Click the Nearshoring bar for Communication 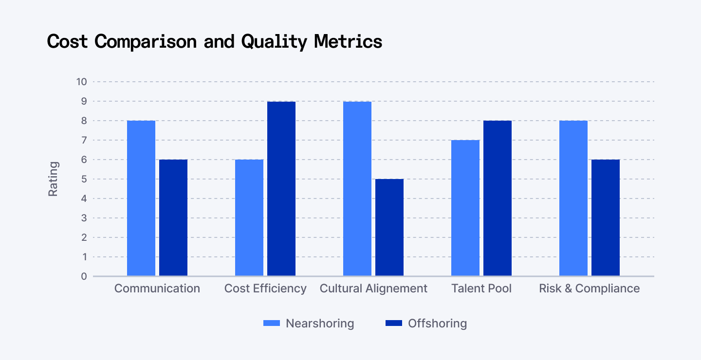(x=141, y=198)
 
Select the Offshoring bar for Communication (x=173, y=218)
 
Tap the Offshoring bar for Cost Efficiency (x=281, y=189)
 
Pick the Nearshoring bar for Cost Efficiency (x=249, y=218)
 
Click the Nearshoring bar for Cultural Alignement (x=357, y=189)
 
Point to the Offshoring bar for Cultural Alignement (x=389, y=228)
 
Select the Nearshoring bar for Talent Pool (x=465, y=208)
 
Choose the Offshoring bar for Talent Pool (x=498, y=198)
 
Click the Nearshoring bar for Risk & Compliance (x=573, y=198)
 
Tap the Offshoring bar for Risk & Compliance (x=606, y=218)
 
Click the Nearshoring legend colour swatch (x=272, y=324)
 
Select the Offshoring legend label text (x=437, y=324)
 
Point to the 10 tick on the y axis (x=81, y=82)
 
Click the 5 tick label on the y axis (x=84, y=179)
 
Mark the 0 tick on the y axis (x=84, y=276)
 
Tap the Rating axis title (x=53, y=179)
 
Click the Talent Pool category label (x=481, y=288)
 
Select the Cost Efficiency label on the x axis (x=265, y=288)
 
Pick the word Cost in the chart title (x=67, y=41)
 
